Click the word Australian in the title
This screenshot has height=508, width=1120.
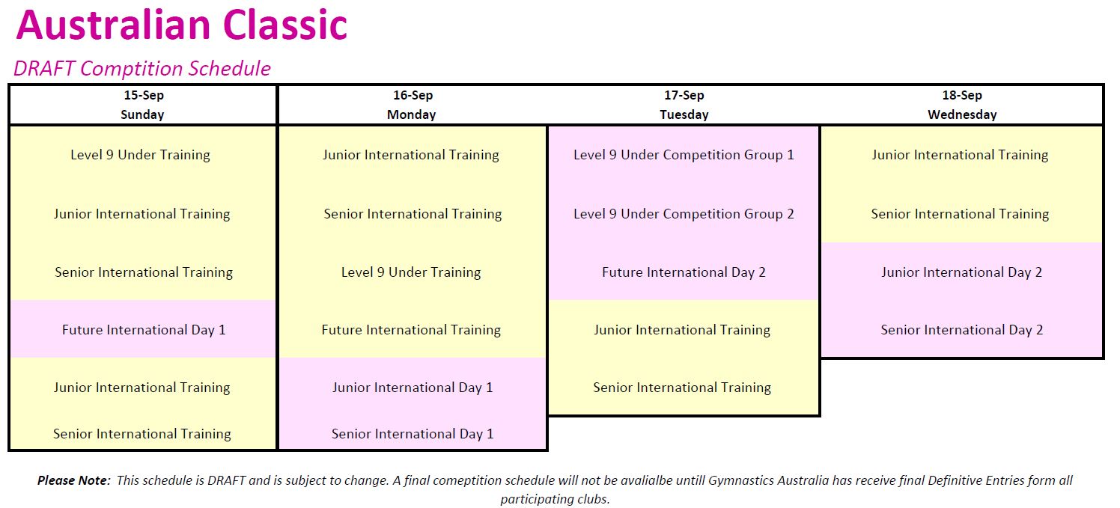tap(114, 25)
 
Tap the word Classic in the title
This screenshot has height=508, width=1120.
tap(285, 25)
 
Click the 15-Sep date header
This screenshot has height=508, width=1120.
tap(144, 95)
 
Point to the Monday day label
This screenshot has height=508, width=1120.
tap(412, 115)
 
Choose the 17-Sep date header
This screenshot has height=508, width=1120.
tap(684, 95)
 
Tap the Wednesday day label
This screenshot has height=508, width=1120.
tap(963, 115)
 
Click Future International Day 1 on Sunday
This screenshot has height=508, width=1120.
tap(144, 330)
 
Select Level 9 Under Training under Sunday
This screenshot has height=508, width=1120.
tap(141, 155)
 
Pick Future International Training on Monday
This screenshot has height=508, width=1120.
tap(411, 330)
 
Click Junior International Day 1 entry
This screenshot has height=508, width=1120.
tap(413, 388)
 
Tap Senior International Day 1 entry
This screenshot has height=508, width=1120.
tap(413, 434)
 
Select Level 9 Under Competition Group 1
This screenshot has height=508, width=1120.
tap(684, 155)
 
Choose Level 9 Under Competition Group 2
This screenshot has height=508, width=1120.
tap(684, 214)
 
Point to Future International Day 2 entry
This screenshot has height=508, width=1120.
tap(684, 272)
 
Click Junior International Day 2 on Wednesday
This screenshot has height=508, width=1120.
tap(962, 272)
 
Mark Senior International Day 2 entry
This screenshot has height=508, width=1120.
tap(962, 330)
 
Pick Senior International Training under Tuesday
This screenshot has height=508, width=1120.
tap(683, 388)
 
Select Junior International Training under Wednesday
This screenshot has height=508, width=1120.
tap(960, 155)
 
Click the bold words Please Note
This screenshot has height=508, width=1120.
tap(73, 480)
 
